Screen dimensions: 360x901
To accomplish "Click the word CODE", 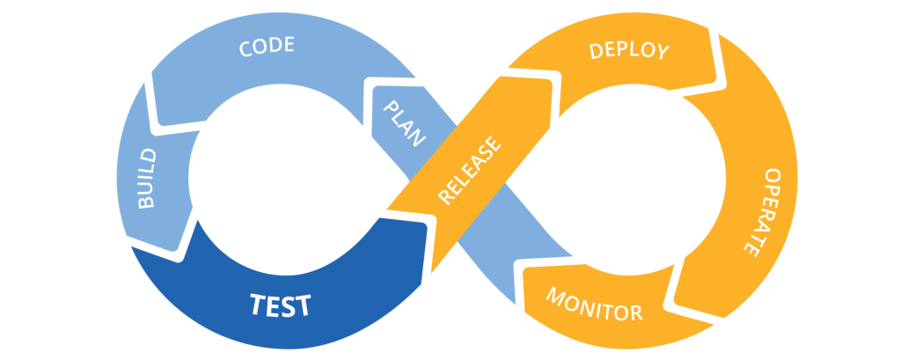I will tap(267, 47).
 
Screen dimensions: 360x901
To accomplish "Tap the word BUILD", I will tap(147, 179).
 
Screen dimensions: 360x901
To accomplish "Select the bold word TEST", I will tap(280, 305).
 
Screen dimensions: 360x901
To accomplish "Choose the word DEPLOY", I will tap(629, 50).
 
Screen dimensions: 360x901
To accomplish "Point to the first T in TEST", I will tap(258, 305).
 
